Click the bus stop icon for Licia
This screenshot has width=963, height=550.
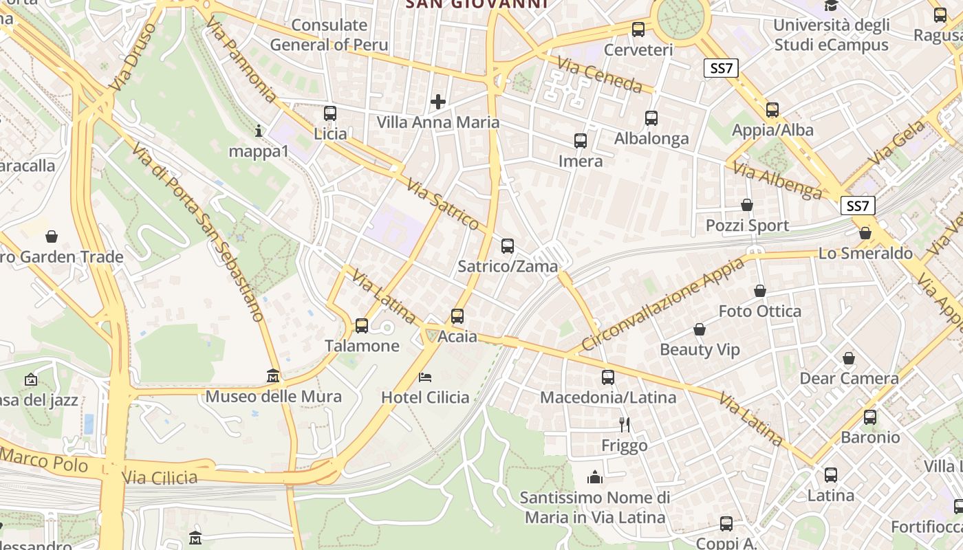(x=330, y=113)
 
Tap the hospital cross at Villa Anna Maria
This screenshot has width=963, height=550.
(x=438, y=102)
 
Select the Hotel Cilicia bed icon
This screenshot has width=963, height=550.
(x=425, y=377)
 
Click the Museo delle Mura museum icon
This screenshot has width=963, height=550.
(x=273, y=376)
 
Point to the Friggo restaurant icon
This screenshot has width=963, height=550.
(x=625, y=425)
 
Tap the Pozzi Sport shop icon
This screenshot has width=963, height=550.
(x=747, y=205)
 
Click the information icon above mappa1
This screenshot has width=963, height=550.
(x=259, y=131)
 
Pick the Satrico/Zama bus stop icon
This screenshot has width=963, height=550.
(x=508, y=245)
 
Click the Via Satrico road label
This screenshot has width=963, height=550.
(x=442, y=204)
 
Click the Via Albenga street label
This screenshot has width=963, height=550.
(x=777, y=179)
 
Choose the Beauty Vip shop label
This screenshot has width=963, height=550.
(x=700, y=349)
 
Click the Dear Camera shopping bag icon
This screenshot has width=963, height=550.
(x=849, y=358)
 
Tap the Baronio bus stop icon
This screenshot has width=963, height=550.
(x=870, y=417)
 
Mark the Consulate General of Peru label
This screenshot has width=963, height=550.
(x=329, y=35)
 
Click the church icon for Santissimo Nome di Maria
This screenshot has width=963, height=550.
(x=595, y=476)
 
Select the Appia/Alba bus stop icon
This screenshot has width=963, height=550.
(x=772, y=110)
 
